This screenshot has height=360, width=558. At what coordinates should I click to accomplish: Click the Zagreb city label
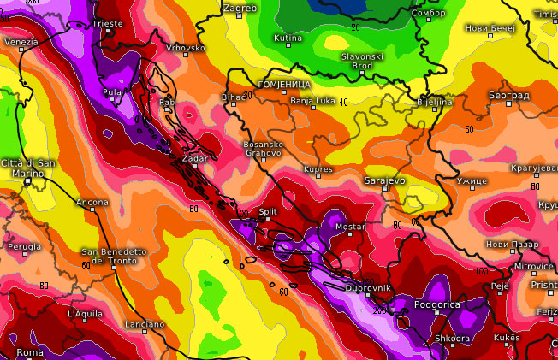coord(240,8)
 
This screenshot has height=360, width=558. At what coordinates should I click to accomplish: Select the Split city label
coord(268,210)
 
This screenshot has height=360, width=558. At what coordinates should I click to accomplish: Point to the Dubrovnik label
coord(368,288)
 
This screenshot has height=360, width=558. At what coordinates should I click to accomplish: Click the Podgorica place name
coord(437,304)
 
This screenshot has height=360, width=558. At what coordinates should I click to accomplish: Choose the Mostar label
coord(350,227)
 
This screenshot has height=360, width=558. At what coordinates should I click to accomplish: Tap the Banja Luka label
coord(312,101)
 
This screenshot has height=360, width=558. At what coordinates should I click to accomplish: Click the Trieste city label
coord(107,23)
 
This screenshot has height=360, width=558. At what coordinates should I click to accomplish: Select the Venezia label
coord(21,42)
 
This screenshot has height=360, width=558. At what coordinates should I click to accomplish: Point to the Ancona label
coord(92,202)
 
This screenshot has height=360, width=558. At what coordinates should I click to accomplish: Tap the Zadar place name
coord(195,159)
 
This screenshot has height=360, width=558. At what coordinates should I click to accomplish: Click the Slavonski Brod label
coord(363,60)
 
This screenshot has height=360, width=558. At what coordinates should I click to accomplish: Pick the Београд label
coord(508,94)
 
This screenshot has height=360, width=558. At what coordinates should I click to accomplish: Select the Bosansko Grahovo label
coord(264,149)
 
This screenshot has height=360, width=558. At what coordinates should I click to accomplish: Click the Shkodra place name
coord(451,339)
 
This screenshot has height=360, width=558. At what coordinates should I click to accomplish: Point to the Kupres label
coord(318,170)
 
